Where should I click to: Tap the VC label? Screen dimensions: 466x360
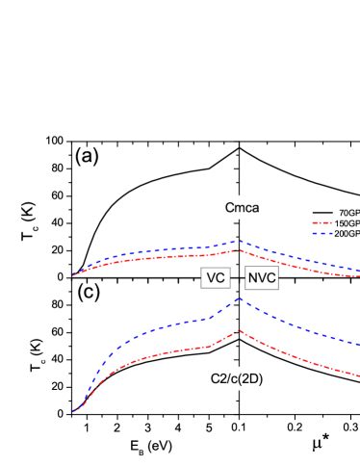(216, 277)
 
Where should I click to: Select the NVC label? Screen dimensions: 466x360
(262, 277)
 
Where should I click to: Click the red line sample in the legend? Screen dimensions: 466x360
(321, 223)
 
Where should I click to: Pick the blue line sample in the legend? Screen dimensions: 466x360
(321, 233)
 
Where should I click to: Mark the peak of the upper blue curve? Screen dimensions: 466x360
(240, 242)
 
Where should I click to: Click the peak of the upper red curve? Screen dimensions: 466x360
(240, 250)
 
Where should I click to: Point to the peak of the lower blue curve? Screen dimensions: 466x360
(240, 299)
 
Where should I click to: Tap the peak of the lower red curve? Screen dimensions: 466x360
(240, 330)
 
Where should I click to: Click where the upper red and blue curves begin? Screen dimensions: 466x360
(73, 274)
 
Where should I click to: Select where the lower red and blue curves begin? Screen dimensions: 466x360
(73, 411)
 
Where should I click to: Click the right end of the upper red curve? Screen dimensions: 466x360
(358, 277)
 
